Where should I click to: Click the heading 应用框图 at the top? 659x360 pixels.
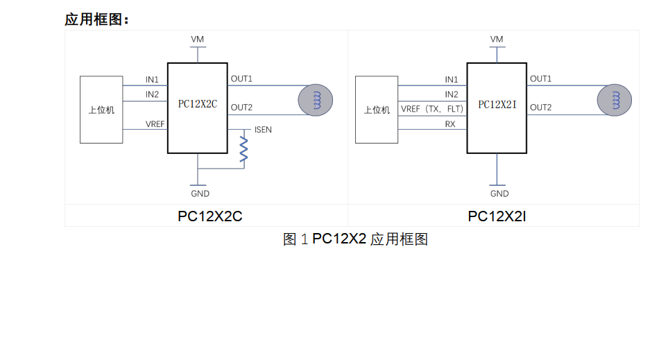(x=96, y=19)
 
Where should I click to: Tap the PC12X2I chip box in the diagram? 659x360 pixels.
(x=497, y=108)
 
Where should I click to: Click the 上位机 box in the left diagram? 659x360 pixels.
(x=101, y=110)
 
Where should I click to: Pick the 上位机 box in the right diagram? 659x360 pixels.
(x=377, y=110)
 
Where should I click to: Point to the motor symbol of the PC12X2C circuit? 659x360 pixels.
(x=316, y=101)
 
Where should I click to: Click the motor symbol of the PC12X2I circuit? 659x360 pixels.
(x=615, y=101)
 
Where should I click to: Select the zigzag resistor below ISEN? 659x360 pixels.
(x=243, y=149)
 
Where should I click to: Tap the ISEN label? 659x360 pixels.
(x=263, y=130)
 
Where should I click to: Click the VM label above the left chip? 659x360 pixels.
(x=198, y=40)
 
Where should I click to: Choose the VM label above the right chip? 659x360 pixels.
(x=497, y=40)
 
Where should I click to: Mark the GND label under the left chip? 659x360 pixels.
(x=200, y=194)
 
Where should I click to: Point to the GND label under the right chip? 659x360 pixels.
(x=499, y=194)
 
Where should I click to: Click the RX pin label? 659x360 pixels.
(x=450, y=124)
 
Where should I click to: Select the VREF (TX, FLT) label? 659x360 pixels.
(x=432, y=109)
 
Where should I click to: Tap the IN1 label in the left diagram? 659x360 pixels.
(x=152, y=80)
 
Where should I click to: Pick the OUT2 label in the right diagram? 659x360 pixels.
(x=541, y=108)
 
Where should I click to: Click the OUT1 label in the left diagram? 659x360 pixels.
(x=241, y=79)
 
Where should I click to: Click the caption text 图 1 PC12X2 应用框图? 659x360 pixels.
(x=355, y=239)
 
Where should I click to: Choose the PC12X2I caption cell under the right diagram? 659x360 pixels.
(x=497, y=216)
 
